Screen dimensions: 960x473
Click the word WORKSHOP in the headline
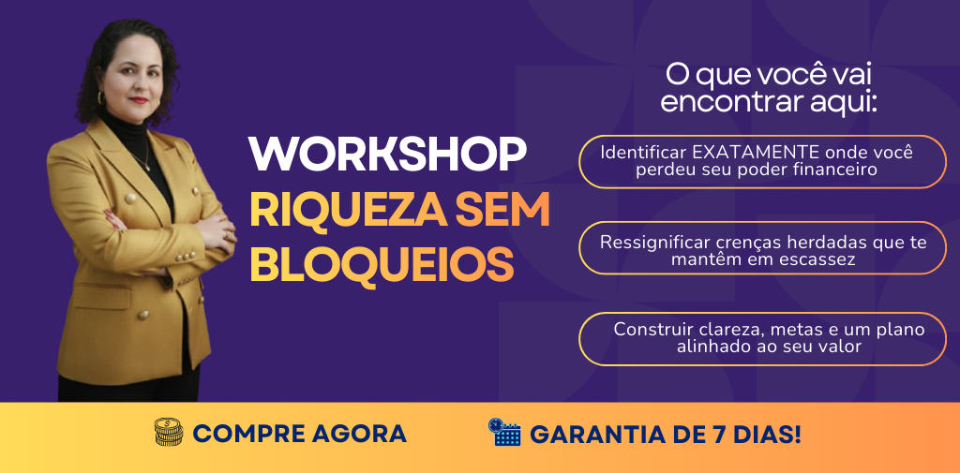387,154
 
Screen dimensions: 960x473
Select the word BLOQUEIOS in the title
382,264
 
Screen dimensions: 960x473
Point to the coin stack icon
169,432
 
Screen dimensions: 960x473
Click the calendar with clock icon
504,432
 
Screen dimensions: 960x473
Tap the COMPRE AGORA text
299,434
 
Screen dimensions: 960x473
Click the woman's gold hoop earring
101,97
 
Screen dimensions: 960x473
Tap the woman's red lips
139,99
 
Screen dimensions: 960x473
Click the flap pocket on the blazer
101,297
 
